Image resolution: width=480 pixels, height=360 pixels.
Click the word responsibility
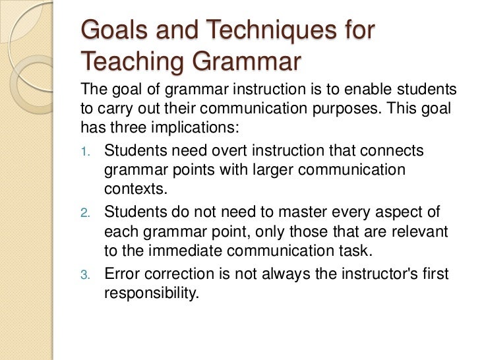(x=151, y=292)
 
